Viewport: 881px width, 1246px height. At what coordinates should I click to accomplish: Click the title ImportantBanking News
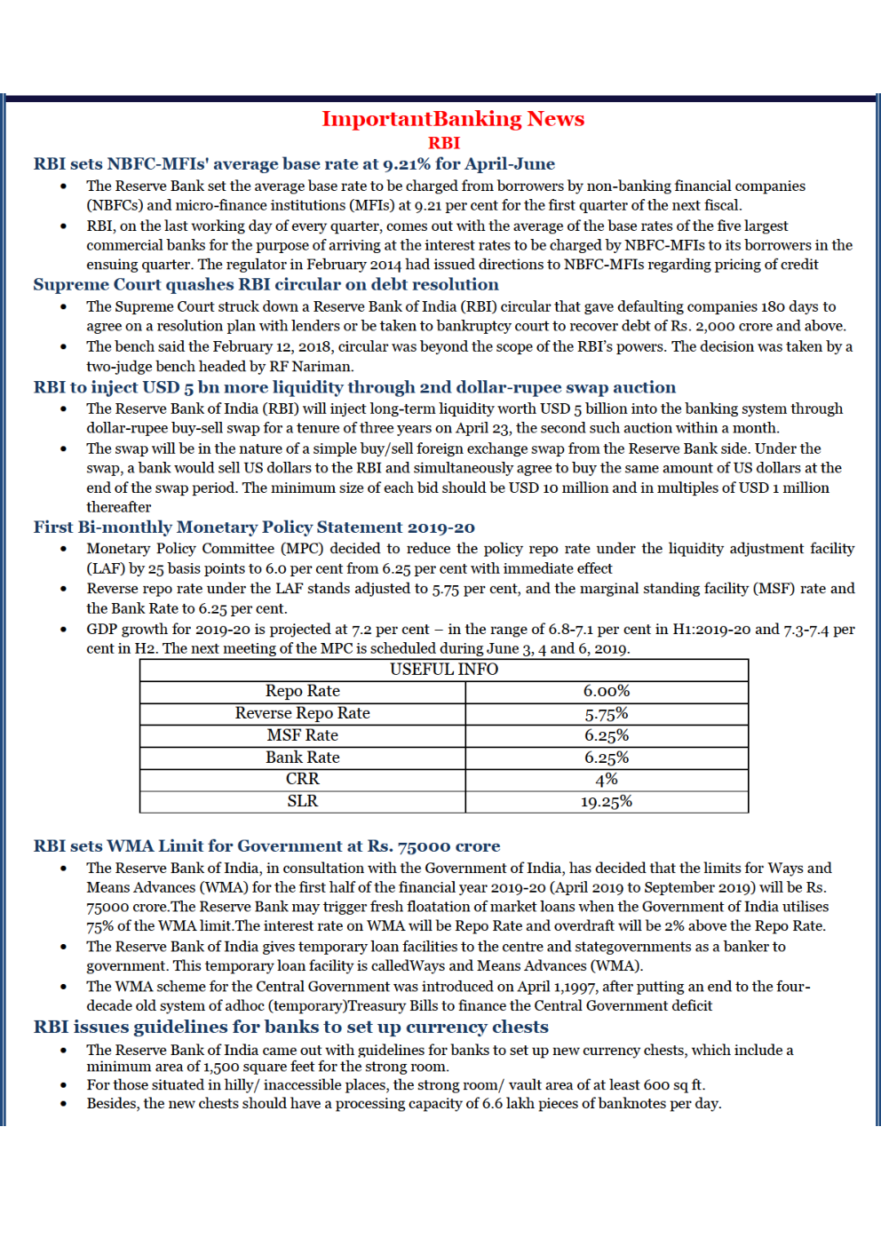(452, 119)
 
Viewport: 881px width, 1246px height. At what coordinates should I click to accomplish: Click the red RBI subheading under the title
(444, 143)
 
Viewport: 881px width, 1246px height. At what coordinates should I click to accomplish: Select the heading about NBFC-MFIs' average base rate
(294, 164)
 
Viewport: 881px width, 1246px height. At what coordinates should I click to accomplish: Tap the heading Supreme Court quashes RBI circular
(266, 285)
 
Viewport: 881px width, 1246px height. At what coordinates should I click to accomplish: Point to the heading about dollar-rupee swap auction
(354, 387)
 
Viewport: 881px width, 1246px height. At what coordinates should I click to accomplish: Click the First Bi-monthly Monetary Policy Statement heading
(254, 528)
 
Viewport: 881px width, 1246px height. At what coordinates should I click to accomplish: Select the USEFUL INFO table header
(444, 670)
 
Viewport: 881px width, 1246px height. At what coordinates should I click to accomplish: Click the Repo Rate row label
(302, 691)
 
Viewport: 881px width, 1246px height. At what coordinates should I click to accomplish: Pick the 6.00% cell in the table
(606, 691)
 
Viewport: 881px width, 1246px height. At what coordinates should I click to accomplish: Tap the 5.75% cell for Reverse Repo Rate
(606, 714)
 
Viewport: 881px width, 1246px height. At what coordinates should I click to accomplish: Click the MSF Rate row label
(302, 735)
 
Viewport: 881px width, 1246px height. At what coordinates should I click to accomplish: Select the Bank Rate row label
(302, 758)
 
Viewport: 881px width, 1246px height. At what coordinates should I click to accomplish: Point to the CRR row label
(302, 779)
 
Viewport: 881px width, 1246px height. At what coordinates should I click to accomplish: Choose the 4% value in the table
(606, 780)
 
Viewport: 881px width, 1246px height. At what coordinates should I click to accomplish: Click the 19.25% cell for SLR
(606, 802)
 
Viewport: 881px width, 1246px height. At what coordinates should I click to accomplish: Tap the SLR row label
(302, 801)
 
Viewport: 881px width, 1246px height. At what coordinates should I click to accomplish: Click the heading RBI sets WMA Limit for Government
(266, 846)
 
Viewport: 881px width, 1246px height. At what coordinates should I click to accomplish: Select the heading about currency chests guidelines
(290, 1028)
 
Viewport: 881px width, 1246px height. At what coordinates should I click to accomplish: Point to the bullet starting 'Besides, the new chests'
(403, 1104)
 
